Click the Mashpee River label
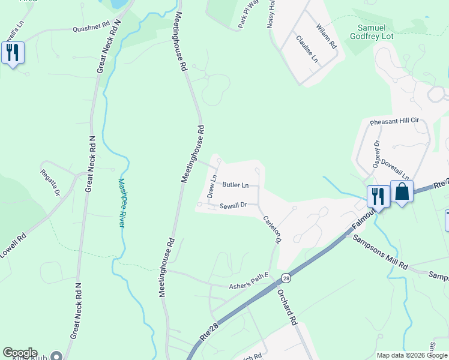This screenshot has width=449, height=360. click(x=122, y=203)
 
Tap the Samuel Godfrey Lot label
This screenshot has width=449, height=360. click(x=382, y=33)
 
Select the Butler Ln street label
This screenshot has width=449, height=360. click(x=235, y=185)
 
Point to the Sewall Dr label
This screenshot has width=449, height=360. click(x=234, y=205)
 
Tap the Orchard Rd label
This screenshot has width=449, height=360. click(x=288, y=307)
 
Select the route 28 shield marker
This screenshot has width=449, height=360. click(x=286, y=278)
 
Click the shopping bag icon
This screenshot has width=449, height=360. click(x=402, y=193)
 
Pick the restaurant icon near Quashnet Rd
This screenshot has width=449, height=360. click(x=13, y=53)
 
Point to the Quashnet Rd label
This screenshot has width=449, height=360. click(x=91, y=28)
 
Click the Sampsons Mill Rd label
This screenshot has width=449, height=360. click(x=380, y=253)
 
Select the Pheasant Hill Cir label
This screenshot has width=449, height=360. click(x=394, y=121)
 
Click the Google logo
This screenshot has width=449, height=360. click(x=20, y=353)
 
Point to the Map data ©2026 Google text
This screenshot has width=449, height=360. click(x=412, y=355)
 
